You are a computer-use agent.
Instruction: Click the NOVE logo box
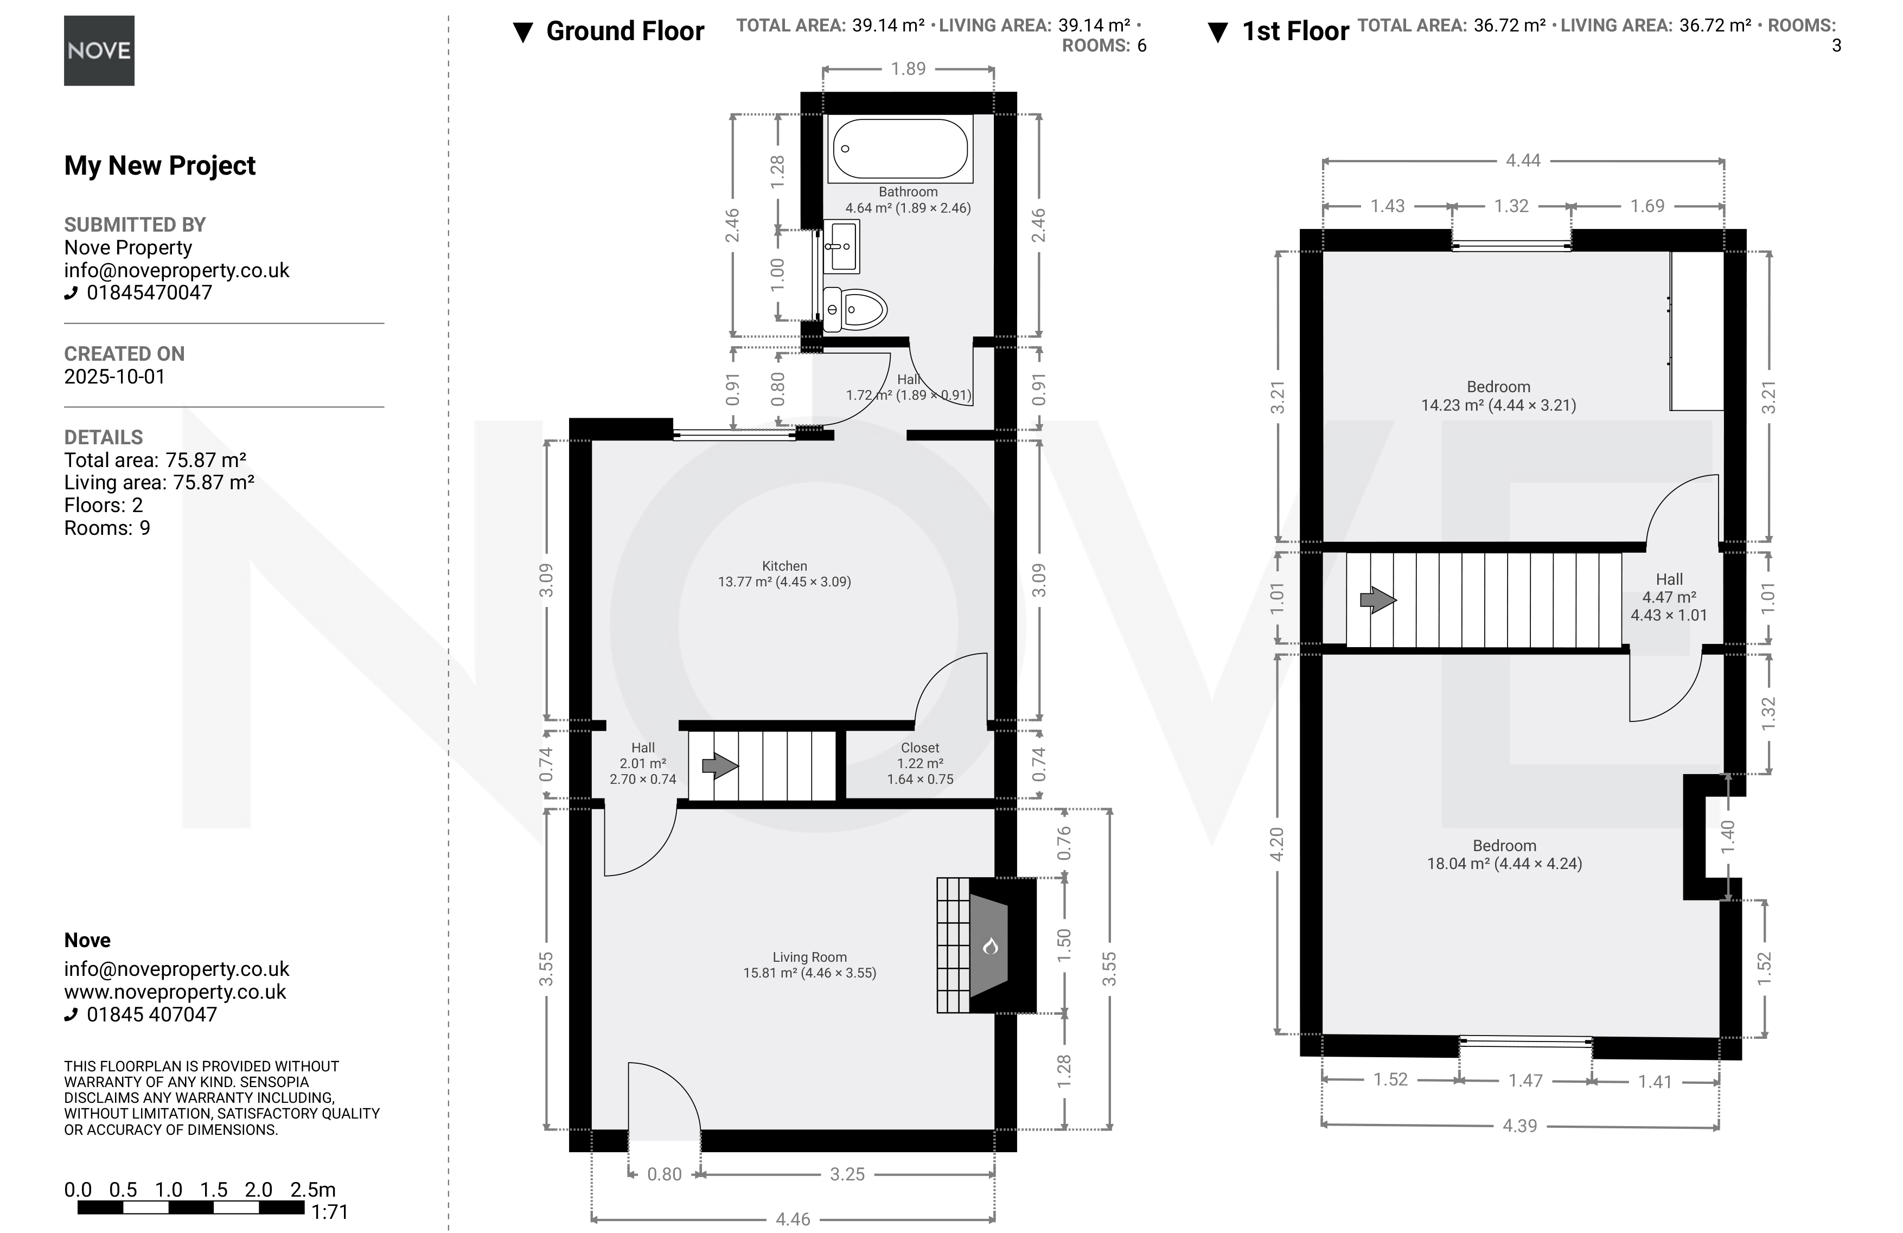click(99, 51)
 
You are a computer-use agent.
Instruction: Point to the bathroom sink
click(841, 246)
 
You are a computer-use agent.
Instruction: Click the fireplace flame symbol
click(990, 947)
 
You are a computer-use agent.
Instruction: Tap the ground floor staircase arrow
click(720, 765)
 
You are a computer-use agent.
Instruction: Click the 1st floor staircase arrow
click(1378, 600)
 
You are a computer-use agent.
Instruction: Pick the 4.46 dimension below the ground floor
click(793, 1218)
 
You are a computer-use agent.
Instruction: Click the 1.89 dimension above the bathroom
click(908, 69)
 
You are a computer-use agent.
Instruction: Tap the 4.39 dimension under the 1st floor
click(1519, 1126)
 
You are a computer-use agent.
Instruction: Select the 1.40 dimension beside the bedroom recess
click(1727, 836)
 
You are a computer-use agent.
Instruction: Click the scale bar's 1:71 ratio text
click(329, 1212)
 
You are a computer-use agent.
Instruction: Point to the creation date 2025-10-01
click(114, 376)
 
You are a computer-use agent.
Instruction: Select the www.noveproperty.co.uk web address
click(175, 992)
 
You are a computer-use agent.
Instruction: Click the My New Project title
click(160, 165)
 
